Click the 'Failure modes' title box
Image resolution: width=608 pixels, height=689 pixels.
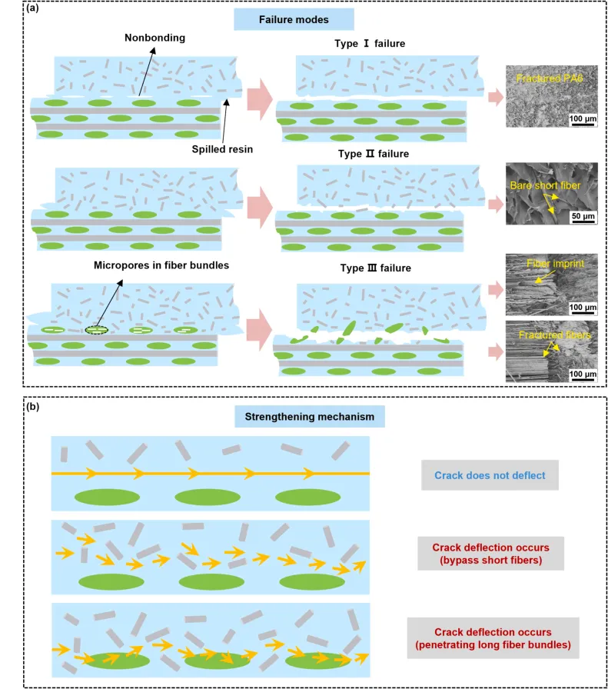coord(283,19)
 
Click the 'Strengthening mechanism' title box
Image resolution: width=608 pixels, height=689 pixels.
coord(309,418)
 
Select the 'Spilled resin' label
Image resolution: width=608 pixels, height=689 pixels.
coord(222,149)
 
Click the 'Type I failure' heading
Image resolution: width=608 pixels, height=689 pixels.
coord(371,43)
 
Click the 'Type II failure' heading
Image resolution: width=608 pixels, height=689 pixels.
coord(373,154)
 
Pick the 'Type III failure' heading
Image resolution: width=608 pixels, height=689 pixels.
coord(373,268)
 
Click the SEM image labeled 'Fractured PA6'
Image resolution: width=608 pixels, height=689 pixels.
coord(552,96)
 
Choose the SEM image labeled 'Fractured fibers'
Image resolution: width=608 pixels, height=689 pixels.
coord(552,351)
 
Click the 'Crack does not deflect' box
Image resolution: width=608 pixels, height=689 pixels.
coord(490,475)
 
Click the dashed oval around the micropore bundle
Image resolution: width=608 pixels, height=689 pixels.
coord(97,328)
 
